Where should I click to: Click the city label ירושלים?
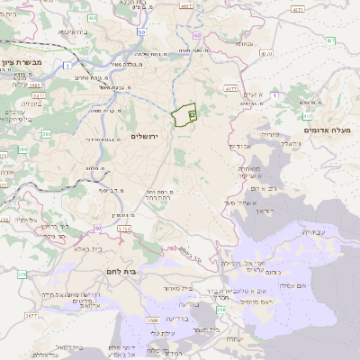coord(144,136)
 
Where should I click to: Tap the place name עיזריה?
coord(271,134)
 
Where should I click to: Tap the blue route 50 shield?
coord(141,31)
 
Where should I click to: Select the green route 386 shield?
coord(46,134)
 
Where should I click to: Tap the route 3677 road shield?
coord(31,316)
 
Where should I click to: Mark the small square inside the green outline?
coord(193,113)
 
